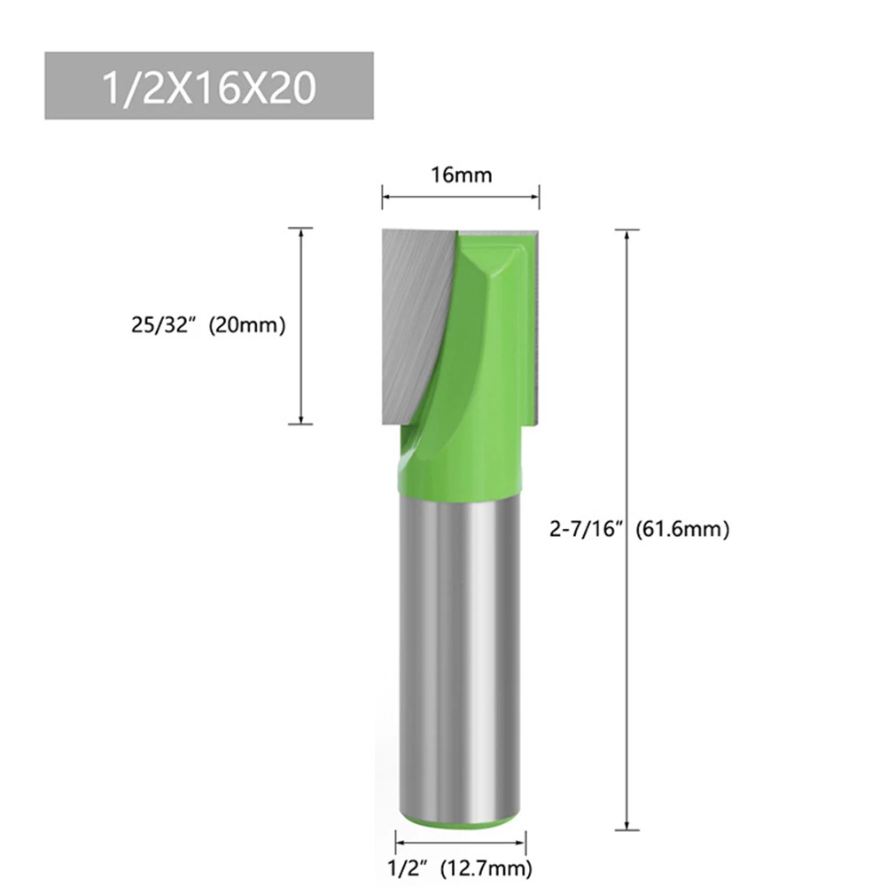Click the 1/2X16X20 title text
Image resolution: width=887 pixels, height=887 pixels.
(x=208, y=89)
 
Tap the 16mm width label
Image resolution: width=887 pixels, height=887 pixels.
(x=461, y=175)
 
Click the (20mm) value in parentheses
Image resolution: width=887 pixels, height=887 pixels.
(x=246, y=326)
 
